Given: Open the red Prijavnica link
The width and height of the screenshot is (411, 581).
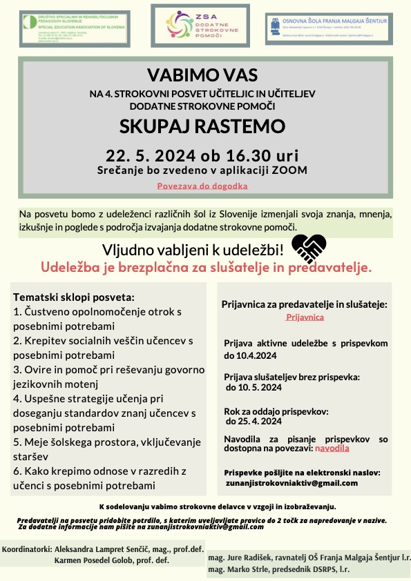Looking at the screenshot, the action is click(300, 317).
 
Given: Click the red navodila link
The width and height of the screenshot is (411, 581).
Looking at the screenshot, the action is click(332, 448).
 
